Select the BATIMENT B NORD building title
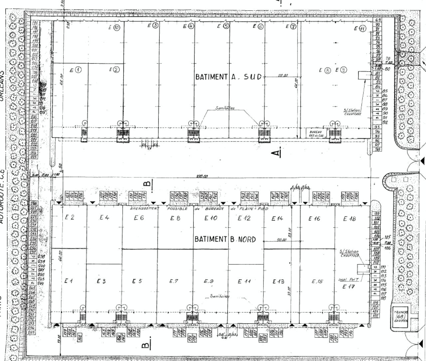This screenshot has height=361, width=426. (225, 239)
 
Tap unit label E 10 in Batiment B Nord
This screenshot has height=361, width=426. (211, 218)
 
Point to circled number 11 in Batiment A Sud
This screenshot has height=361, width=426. (362, 29)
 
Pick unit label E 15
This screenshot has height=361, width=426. (317, 281)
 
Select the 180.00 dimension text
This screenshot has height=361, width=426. (201, 176)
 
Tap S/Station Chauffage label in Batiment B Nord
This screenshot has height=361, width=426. (349, 253)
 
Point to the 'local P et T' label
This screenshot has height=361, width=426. (348, 279)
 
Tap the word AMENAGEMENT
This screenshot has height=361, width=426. (144, 208)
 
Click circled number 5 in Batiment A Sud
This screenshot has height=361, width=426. (226, 26)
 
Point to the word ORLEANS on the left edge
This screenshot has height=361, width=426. (2, 86)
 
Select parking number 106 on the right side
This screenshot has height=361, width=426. (387, 248)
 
